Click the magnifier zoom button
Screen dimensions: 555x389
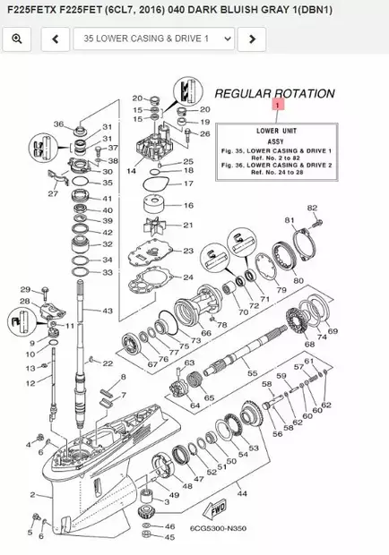pyautogui.click(x=17, y=39)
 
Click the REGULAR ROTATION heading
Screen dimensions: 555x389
pyautogui.click(x=274, y=93)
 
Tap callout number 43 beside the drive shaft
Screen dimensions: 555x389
pyautogui.click(x=108, y=311)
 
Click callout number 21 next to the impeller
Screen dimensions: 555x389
pyautogui.click(x=187, y=225)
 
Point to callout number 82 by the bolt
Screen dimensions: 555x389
pyautogui.click(x=313, y=208)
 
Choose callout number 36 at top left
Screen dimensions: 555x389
pyautogui.click(x=58, y=124)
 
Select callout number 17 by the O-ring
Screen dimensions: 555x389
pyautogui.click(x=187, y=184)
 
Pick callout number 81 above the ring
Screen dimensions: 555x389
pyautogui.click(x=289, y=220)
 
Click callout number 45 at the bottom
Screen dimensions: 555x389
pyautogui.click(x=170, y=538)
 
